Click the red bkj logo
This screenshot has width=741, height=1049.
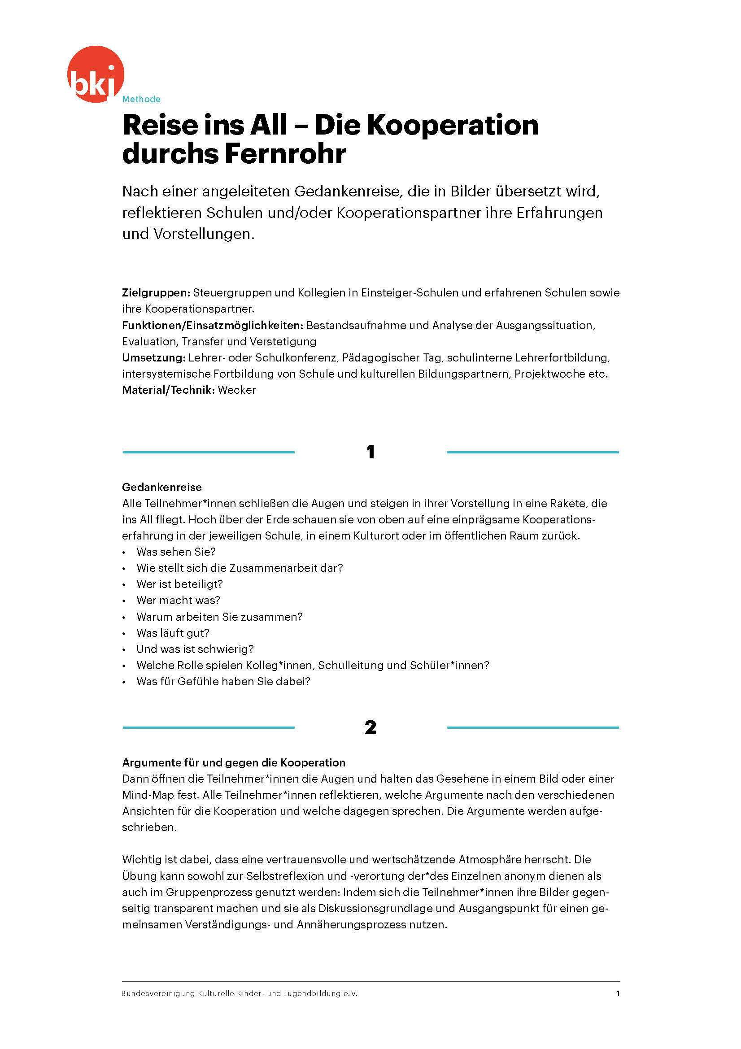96,74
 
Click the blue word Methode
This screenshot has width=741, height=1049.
141,99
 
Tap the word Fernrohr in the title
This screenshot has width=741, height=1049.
286,153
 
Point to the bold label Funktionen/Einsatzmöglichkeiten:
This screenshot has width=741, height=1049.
213,325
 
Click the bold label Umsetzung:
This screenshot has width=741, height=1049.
153,357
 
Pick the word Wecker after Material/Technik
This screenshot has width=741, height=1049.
237,390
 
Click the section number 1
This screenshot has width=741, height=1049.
370,452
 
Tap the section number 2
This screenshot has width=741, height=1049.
370,727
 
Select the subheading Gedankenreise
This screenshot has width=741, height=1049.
162,487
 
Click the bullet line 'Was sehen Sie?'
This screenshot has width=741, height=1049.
176,552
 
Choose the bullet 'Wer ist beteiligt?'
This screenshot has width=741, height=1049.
179,584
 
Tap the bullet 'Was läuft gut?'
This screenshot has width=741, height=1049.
173,633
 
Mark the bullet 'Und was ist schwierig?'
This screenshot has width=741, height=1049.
195,649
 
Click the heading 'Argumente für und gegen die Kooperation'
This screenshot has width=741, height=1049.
233,762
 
